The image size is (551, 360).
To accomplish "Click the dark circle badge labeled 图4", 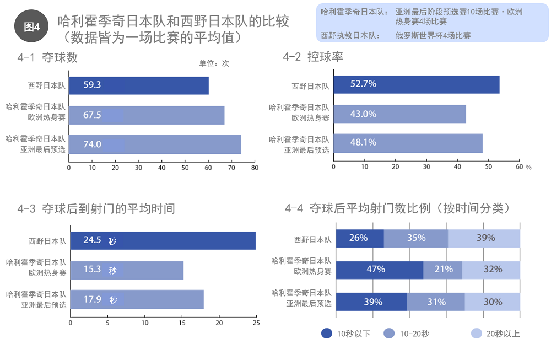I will click(32, 26).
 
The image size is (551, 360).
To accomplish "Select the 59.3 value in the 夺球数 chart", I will click(93, 85).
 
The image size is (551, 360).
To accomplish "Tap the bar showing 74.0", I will click(155, 144).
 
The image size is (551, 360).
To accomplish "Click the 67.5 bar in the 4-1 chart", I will click(147, 115).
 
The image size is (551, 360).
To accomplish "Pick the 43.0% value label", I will click(363, 114).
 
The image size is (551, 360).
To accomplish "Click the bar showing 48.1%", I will click(408, 143).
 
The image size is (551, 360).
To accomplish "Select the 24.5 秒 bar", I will click(163, 241).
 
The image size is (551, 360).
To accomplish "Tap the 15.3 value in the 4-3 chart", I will click(93, 270).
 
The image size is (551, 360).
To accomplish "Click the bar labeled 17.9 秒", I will click(137, 299).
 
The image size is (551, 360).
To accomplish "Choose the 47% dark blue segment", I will click(379, 269).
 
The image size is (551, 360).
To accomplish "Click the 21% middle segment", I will click(443, 269).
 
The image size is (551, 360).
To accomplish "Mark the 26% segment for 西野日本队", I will click(359, 238).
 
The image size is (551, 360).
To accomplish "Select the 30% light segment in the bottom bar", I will click(493, 302).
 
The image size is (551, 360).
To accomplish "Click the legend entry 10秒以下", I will click(347, 333).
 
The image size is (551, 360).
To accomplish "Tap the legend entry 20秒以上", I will click(495, 333).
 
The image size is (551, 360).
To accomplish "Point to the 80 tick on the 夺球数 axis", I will click(255, 168).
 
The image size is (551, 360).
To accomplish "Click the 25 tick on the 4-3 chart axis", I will click(256, 323).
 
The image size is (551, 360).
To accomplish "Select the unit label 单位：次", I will click(214, 63).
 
